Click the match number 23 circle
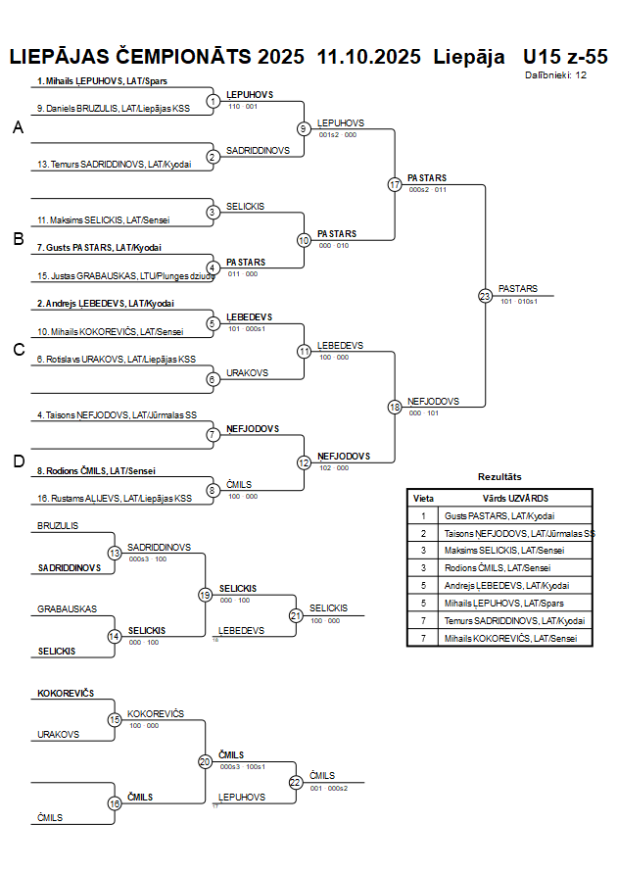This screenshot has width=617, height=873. click(485, 295)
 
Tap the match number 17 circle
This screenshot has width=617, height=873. click(395, 184)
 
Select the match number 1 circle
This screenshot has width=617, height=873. click(214, 101)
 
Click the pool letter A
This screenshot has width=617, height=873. click(17, 127)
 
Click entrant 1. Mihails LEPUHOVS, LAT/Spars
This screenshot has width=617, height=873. click(101, 80)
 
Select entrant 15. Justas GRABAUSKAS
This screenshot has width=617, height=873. click(124, 276)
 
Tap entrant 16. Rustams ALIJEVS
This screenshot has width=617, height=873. click(114, 499)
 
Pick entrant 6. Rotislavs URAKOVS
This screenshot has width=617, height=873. click(116, 360)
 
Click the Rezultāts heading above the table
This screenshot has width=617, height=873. click(499, 476)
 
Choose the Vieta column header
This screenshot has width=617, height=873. click(424, 498)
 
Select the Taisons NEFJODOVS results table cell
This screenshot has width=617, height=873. click(519, 533)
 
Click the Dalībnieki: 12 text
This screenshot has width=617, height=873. click(555, 74)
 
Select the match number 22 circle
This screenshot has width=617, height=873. click(296, 783)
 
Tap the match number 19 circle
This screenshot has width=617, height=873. click(206, 594)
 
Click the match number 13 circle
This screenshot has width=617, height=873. click(115, 553)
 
